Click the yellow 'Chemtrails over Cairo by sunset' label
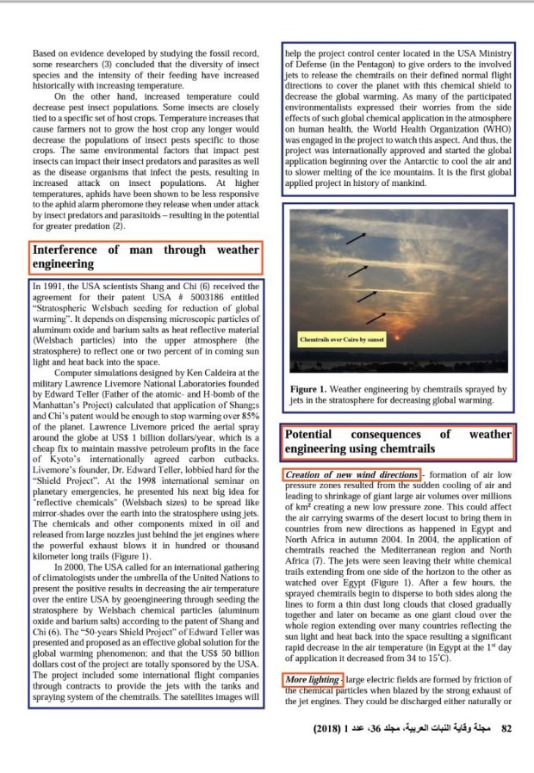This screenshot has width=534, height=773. click(x=341, y=339)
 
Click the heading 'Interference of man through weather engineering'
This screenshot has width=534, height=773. click(x=145, y=257)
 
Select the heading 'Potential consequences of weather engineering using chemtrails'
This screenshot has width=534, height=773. click(x=398, y=442)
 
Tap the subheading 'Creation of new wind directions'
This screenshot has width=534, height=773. click(x=351, y=475)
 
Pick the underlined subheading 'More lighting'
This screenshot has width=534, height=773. click(x=313, y=681)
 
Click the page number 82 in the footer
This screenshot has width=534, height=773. click(x=506, y=729)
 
